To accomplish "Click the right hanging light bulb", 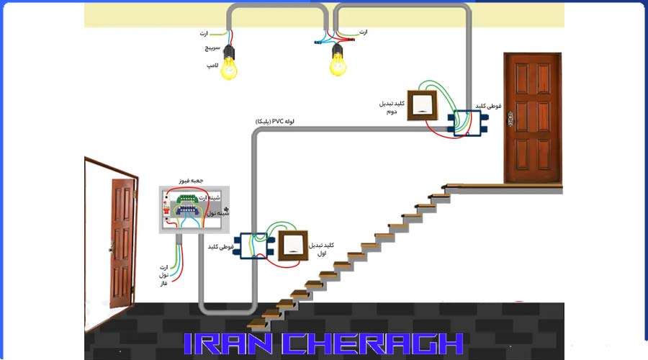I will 338,63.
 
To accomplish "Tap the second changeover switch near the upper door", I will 425,107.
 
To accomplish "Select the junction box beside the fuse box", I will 253,246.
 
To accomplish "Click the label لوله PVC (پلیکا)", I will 280,122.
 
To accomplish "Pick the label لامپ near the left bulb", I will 212,66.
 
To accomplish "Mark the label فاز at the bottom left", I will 163,284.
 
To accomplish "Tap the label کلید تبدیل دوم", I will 392,108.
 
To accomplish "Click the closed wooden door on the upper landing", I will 532,117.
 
